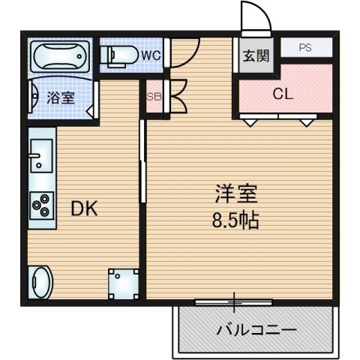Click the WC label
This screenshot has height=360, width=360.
pos(149,54)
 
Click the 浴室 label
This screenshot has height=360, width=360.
pos(60,97)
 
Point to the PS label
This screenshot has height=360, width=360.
pos(305,47)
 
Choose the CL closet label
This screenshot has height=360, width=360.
pos(283,94)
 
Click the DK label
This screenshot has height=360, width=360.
pos(84,209)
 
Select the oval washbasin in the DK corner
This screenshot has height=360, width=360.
pos(40,284)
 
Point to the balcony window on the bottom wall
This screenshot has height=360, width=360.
pos(233,302)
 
